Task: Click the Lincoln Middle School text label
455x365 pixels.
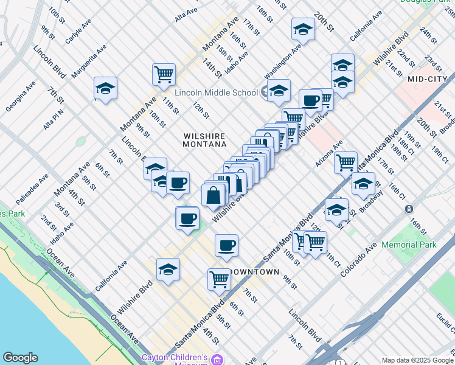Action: (x=216, y=92)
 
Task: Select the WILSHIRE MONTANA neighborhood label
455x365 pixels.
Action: (x=204, y=140)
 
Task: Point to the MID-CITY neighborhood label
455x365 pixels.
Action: (x=423, y=79)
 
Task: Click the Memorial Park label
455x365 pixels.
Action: (x=409, y=245)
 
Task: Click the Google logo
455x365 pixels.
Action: (x=20, y=358)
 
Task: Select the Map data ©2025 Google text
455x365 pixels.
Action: (x=417, y=360)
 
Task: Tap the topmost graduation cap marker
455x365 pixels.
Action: (x=303, y=29)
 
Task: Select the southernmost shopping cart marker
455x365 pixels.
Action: (x=219, y=279)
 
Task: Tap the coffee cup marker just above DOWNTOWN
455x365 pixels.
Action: (x=226, y=245)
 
